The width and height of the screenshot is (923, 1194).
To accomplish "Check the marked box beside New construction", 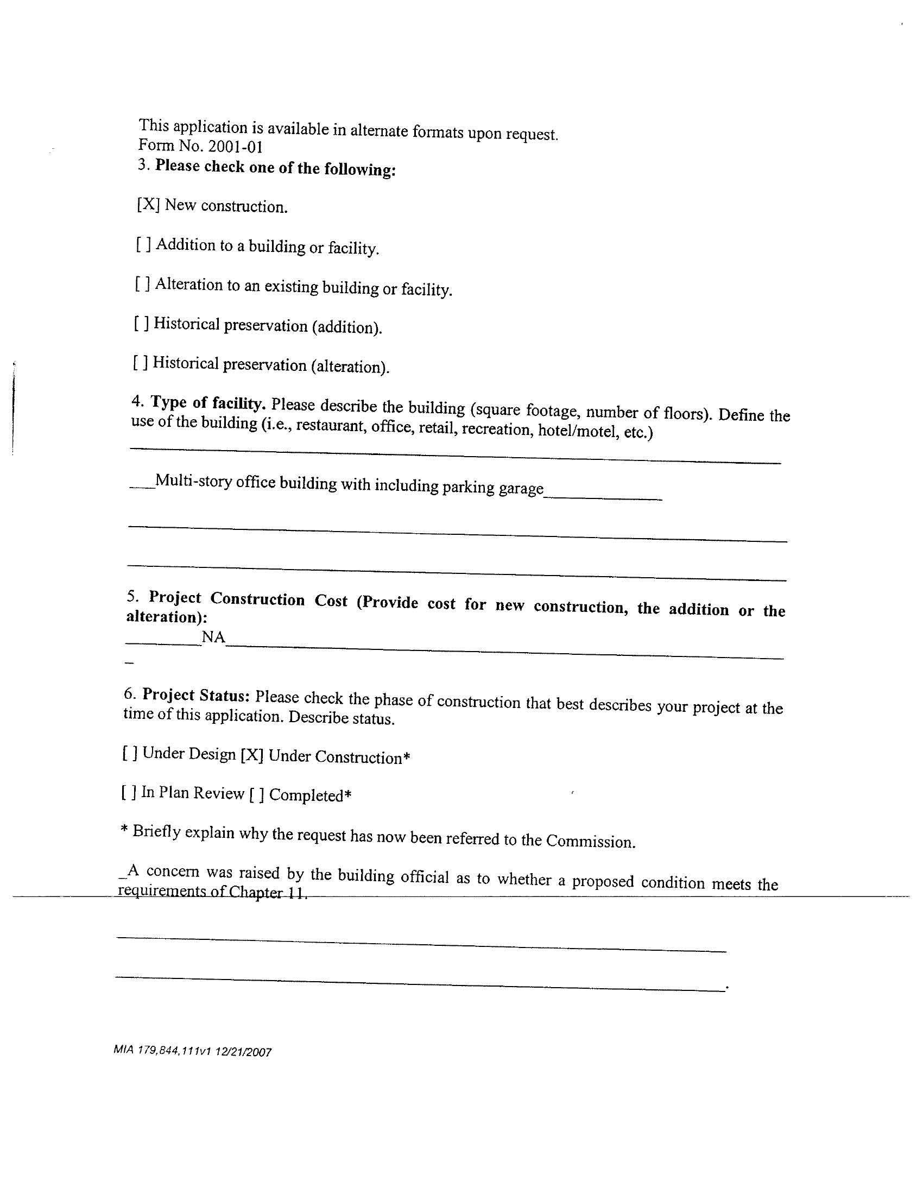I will (148, 205).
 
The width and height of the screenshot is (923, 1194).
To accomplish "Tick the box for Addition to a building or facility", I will (144, 244).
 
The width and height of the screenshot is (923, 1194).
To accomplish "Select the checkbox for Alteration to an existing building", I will (143, 284).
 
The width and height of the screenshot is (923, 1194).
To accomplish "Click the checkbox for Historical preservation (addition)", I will (141, 323).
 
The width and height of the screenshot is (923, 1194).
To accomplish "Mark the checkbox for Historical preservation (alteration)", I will (140, 363).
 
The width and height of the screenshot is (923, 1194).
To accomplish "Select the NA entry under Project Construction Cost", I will (213, 637).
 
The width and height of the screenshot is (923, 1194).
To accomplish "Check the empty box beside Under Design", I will (130, 753).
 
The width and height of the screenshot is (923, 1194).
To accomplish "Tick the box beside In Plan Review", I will (129, 792).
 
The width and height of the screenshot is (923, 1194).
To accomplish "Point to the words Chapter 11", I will (267, 892).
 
